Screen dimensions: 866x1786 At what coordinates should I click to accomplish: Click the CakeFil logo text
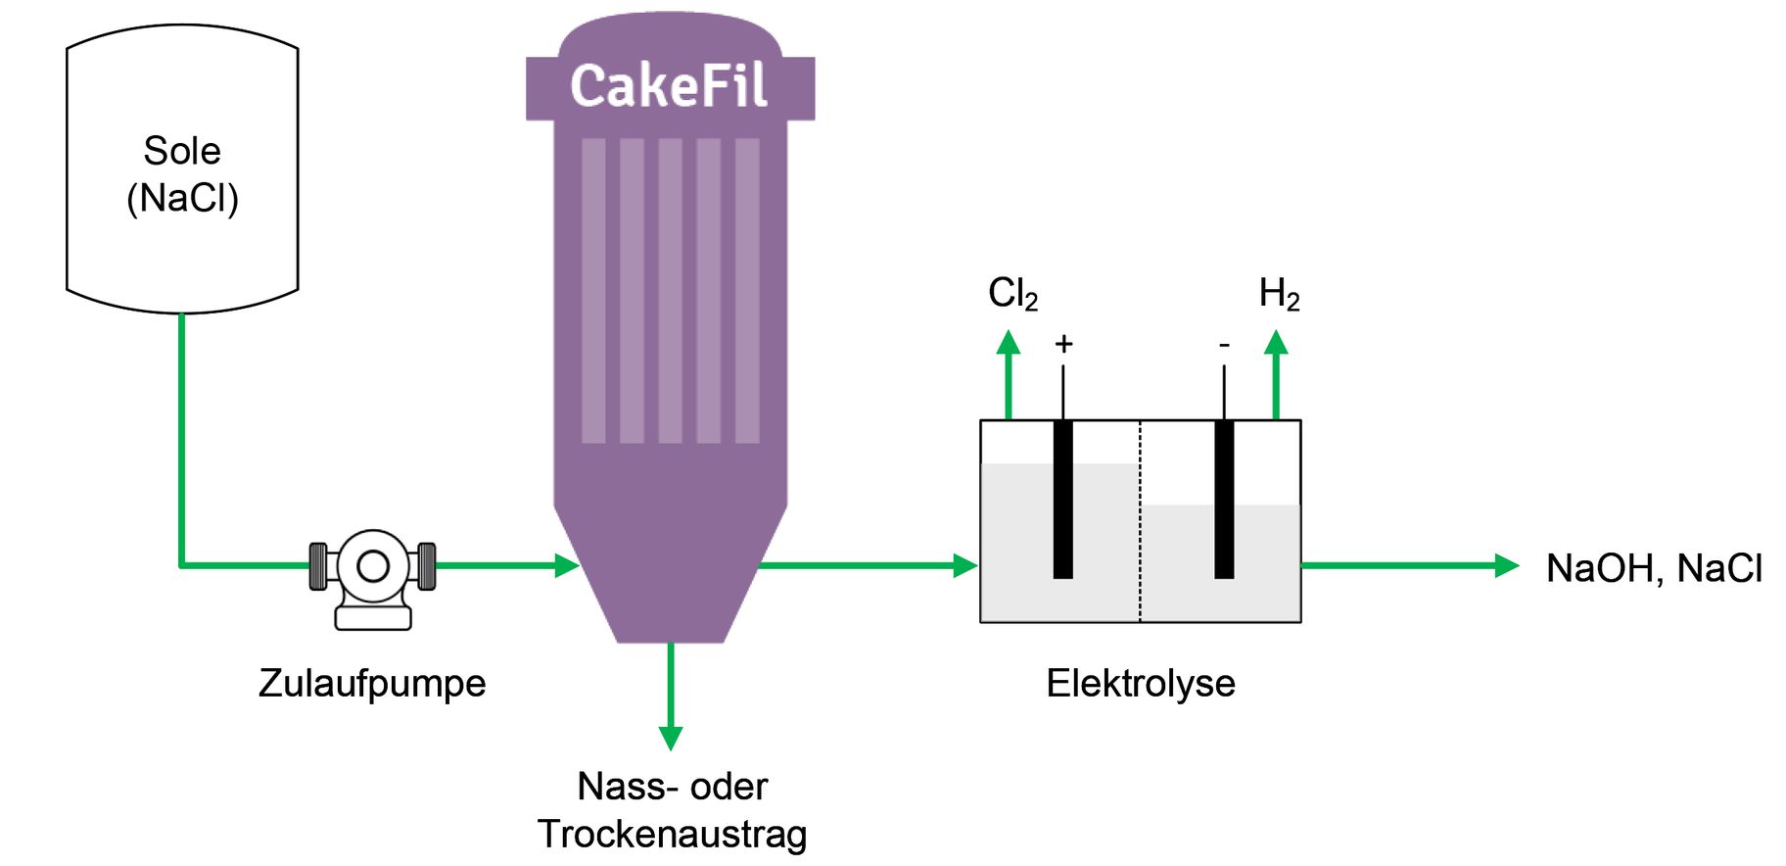pos(669,86)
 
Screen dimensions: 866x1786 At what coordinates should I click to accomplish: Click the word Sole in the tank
pos(182,151)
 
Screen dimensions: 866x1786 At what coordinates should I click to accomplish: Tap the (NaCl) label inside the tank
pos(182,198)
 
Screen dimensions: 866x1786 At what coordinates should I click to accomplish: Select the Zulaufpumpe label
pos(372,683)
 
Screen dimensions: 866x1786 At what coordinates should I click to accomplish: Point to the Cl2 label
pos(1012,293)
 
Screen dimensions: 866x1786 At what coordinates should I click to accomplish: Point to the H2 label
pos(1279,293)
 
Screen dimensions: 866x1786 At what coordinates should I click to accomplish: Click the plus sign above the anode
pos(1063,344)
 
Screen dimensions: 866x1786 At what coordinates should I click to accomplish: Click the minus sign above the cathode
pos(1224,345)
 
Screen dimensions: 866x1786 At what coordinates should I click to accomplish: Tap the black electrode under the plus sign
pos(1062,500)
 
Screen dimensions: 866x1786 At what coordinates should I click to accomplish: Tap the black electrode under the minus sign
pos(1224,500)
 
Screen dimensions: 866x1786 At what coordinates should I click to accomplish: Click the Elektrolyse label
pos(1140,683)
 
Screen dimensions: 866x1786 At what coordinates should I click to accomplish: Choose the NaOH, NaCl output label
pos(1653,568)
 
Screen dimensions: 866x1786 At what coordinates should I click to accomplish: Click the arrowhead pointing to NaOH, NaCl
pos(1507,565)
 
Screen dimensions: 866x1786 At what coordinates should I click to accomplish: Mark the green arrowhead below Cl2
pos(1009,343)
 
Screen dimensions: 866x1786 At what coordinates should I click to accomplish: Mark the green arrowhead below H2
pos(1275,343)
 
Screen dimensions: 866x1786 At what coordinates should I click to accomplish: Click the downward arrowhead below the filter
pos(671,738)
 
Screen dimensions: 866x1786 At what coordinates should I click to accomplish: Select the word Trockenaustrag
pos(672,834)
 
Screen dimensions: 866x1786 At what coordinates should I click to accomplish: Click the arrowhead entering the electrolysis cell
pos(965,565)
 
